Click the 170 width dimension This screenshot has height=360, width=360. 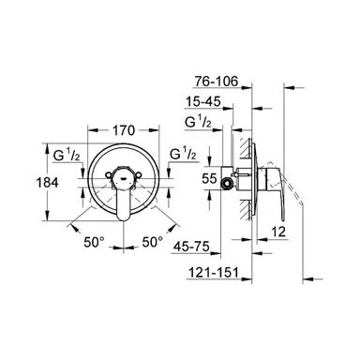point(124,130)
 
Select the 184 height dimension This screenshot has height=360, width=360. point(47,182)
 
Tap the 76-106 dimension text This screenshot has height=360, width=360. point(217,82)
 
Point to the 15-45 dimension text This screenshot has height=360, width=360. point(203,101)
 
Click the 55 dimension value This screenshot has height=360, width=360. point(209,179)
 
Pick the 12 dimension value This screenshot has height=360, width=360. point(279,232)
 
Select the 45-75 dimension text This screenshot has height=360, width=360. point(191,247)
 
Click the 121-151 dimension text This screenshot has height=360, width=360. point(213,273)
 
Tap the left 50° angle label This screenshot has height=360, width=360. point(94,242)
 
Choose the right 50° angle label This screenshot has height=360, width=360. point(153,242)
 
